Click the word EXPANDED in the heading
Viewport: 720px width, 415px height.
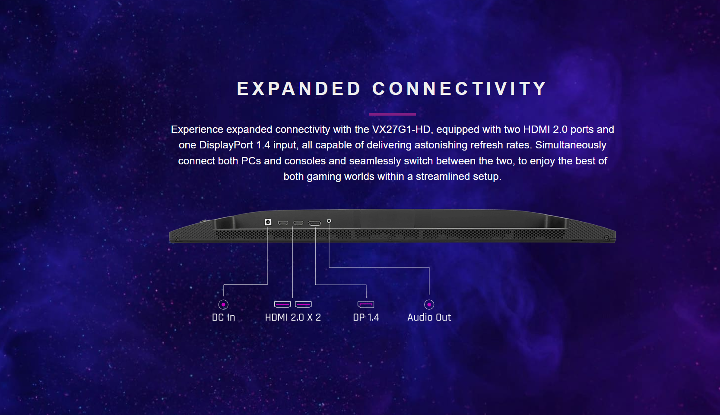click(299, 88)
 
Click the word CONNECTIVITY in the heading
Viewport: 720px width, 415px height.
click(459, 88)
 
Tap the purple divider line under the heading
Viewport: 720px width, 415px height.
click(393, 114)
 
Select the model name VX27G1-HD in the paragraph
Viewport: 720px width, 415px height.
click(401, 129)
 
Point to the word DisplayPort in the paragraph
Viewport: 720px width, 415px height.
click(226, 145)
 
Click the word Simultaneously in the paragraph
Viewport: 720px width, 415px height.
click(571, 145)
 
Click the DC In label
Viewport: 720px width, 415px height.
click(223, 318)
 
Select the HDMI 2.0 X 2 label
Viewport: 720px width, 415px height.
click(293, 318)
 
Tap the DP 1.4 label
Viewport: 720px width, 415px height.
click(366, 318)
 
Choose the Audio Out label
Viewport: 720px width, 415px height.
click(429, 318)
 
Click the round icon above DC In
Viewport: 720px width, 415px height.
click(223, 304)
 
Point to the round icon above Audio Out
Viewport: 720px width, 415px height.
click(429, 304)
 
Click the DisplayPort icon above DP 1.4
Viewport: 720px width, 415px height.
click(366, 304)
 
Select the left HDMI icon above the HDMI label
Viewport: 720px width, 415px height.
click(282, 304)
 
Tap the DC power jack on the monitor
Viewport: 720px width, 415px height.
click(268, 222)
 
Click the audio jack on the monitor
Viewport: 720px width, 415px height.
click(329, 221)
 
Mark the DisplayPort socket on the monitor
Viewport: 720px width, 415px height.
click(314, 223)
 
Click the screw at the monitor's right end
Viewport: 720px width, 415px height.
click(606, 238)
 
